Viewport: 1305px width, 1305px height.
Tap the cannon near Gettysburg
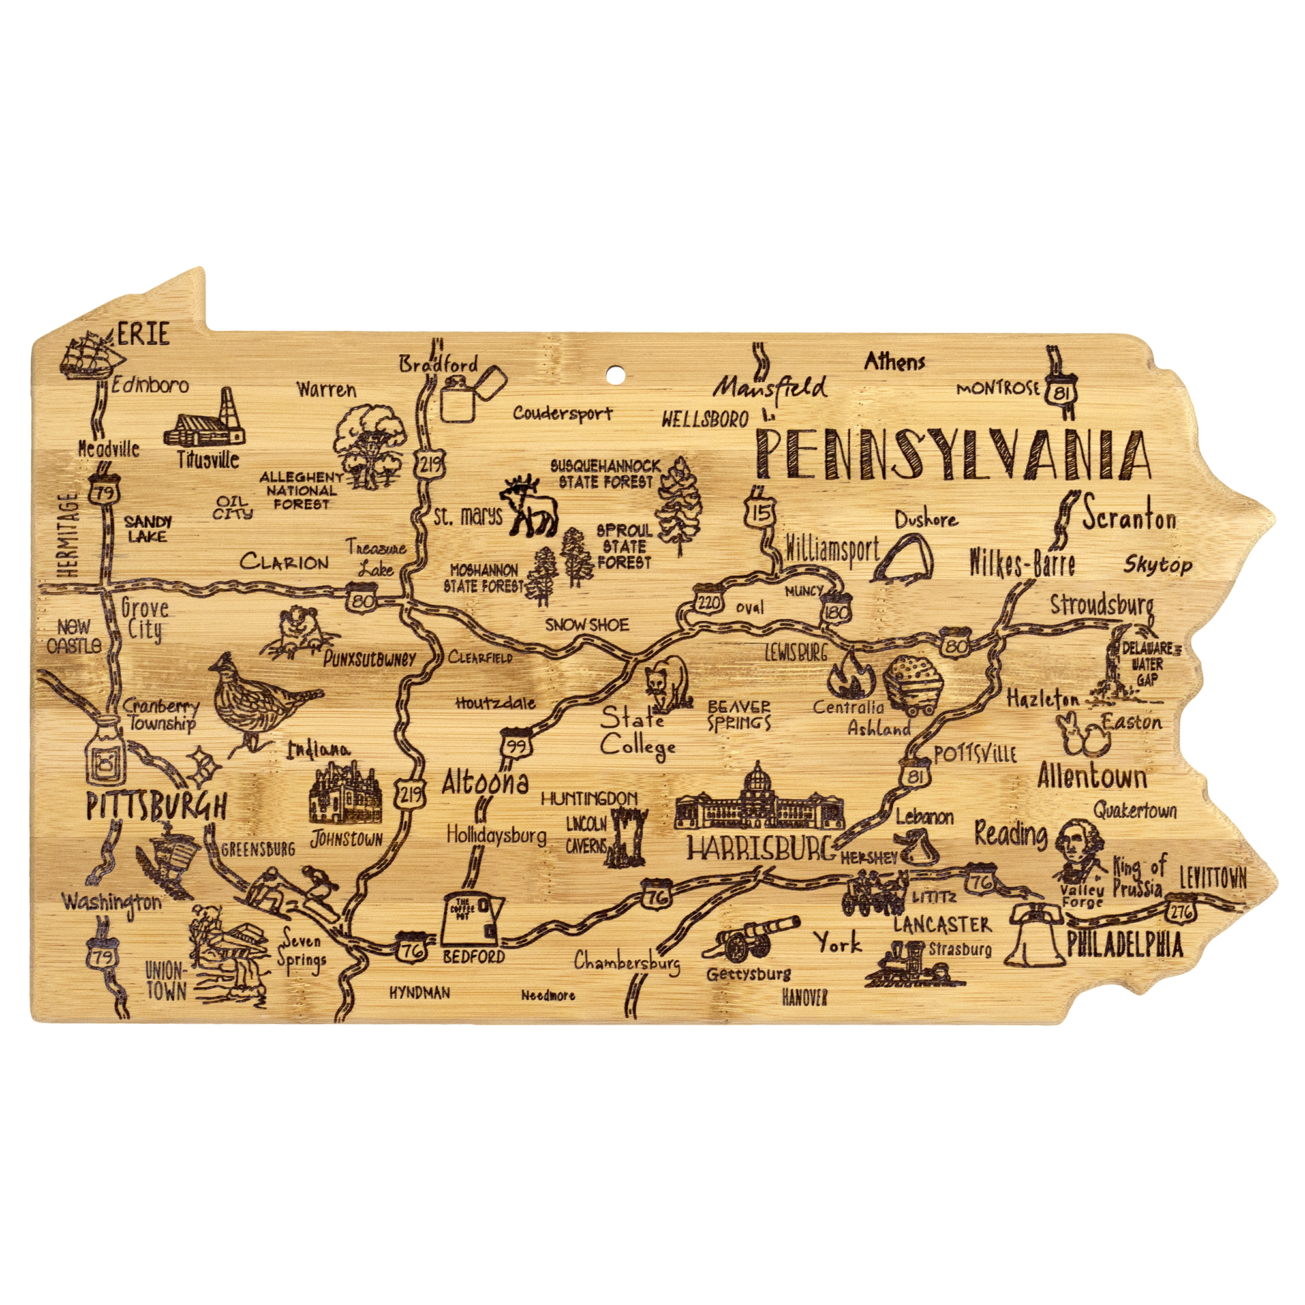coord(750,938)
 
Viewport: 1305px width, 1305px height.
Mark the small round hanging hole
coord(615,373)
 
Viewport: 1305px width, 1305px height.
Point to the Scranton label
coord(1129,519)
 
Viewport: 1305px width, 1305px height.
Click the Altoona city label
coord(484,783)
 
